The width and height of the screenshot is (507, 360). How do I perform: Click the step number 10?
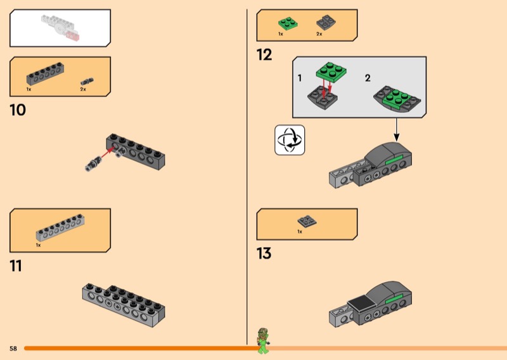[18, 110]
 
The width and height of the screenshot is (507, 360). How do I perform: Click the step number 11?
[16, 266]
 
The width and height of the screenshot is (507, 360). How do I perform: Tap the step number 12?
[264, 55]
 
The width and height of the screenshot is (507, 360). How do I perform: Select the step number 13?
[264, 254]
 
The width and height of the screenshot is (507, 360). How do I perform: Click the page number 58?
[13, 349]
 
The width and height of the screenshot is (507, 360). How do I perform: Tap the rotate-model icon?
[289, 139]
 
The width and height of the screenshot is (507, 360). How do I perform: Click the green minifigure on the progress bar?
[262, 340]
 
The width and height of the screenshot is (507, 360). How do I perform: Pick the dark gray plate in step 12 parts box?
[326, 22]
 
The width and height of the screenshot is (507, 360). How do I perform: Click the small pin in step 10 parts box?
[87, 81]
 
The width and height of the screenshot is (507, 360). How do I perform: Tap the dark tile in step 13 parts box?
[307, 221]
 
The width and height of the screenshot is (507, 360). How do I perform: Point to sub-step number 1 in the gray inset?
[300, 78]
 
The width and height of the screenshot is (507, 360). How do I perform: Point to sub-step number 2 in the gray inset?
[368, 78]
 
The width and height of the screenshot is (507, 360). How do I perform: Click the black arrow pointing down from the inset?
[397, 129]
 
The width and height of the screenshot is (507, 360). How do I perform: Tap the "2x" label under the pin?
[83, 90]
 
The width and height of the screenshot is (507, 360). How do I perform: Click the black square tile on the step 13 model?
[361, 302]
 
